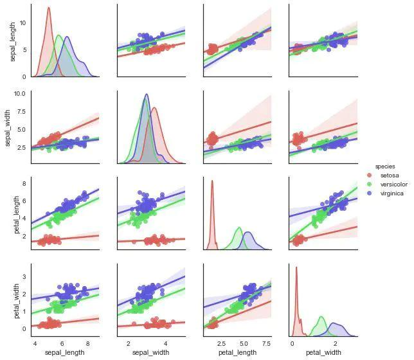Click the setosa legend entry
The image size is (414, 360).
(x=391, y=175)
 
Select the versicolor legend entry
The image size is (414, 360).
(x=393, y=184)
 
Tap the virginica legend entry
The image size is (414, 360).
(x=392, y=193)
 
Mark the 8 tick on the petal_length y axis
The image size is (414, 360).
(x=24, y=184)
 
